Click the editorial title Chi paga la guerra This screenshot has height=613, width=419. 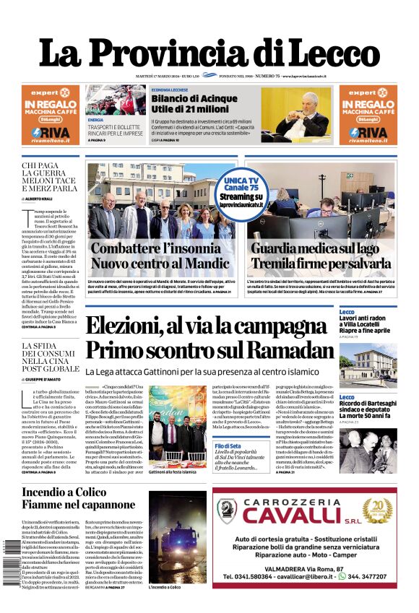pyautogui.click(x=48, y=177)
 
